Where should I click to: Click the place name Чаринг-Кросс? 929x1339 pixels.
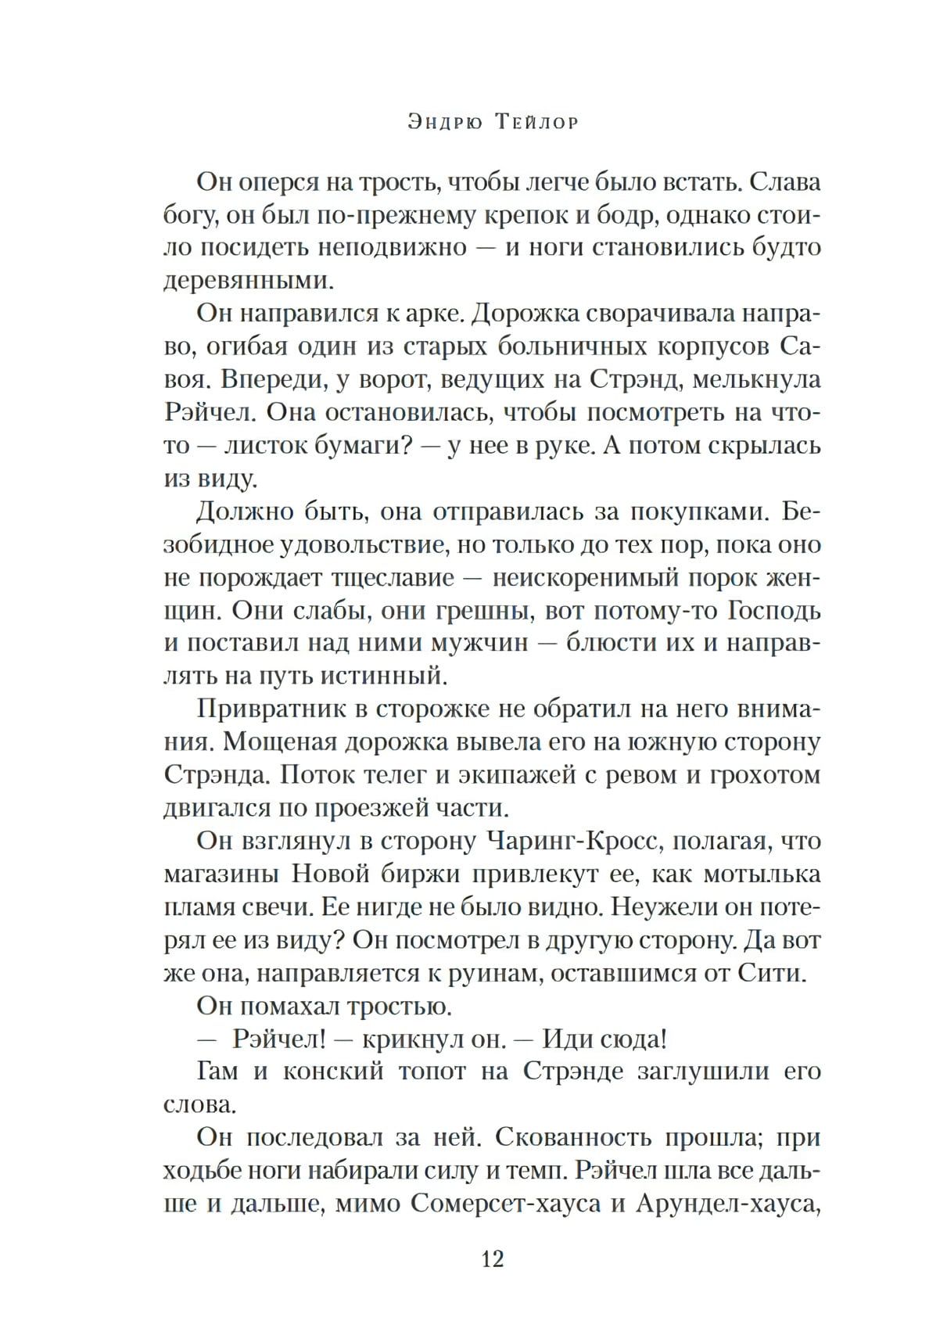575,841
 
